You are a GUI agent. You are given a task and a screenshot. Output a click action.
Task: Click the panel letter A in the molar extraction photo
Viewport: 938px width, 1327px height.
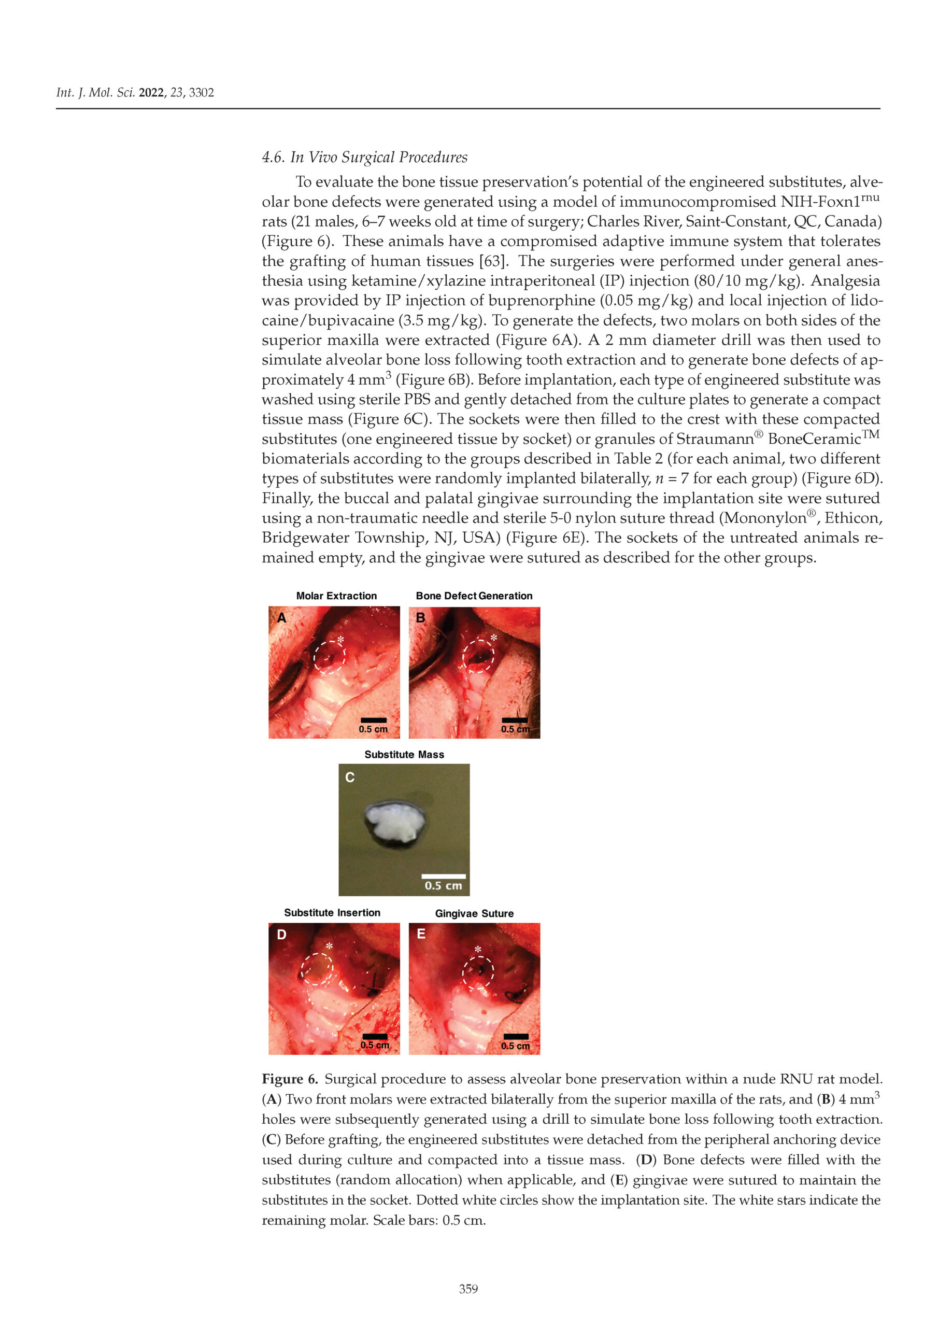pos(282,618)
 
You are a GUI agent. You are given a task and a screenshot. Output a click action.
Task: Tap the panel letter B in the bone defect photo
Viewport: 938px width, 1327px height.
pos(421,618)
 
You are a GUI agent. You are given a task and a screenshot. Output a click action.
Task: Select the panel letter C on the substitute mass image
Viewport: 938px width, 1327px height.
pos(350,778)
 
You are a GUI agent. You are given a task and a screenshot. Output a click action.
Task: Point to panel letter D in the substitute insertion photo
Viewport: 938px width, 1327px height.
pos(281,935)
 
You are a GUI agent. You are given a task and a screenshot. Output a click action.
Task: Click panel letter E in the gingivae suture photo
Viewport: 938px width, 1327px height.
pos(421,934)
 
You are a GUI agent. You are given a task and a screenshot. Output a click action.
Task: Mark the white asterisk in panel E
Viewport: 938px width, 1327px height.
pos(478,950)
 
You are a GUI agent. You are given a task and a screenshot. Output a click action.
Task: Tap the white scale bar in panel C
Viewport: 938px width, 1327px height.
pos(443,876)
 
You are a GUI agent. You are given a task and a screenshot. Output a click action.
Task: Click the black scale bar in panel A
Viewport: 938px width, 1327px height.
pos(373,720)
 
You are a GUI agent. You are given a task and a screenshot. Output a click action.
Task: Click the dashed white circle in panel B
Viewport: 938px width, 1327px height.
pos(478,656)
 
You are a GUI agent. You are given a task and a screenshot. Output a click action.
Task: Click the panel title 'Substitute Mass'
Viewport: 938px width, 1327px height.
pos(404,754)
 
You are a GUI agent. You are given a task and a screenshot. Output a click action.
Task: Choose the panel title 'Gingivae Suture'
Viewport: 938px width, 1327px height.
pos(474,913)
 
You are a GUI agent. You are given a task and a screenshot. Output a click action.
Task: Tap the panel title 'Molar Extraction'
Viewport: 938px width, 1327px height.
pos(336,596)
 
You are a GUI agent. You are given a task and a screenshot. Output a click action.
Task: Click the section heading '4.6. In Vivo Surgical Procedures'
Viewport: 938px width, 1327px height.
pos(365,157)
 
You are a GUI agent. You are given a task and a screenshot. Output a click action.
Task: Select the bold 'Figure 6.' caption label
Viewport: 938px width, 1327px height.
pos(290,1079)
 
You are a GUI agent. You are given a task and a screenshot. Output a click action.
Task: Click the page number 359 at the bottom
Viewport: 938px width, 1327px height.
pos(468,1288)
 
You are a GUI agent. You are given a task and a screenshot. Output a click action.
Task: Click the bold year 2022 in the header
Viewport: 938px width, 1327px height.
pos(151,92)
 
